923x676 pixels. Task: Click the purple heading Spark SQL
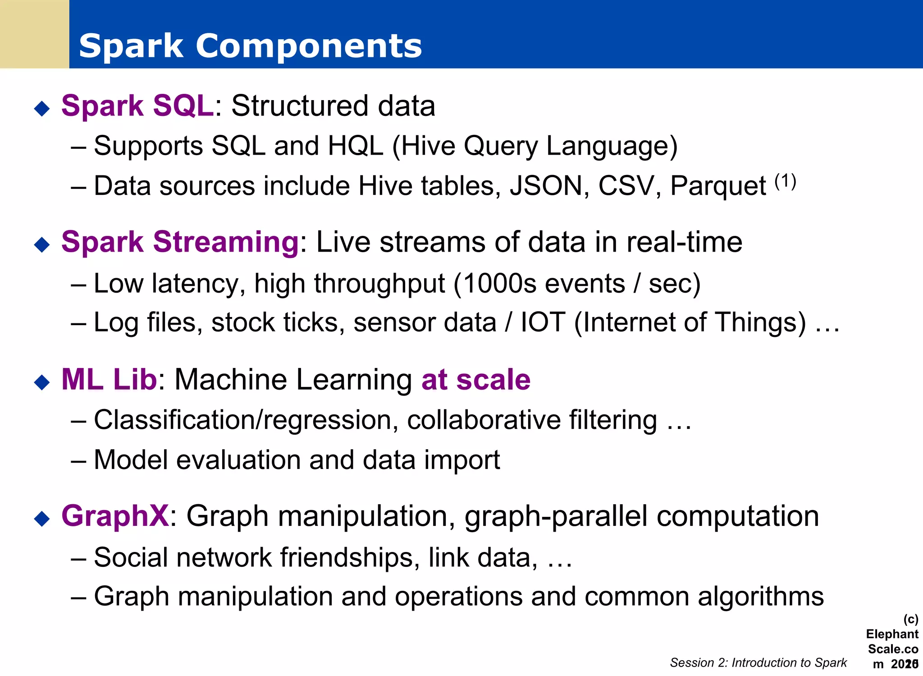point(137,106)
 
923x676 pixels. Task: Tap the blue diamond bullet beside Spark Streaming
point(42,244)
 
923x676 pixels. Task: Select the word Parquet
point(717,186)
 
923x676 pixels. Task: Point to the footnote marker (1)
point(786,181)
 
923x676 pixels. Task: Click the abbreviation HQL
point(355,146)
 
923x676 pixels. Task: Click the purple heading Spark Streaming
point(180,242)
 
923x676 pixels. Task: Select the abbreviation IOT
point(543,322)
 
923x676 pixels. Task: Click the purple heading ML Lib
point(109,379)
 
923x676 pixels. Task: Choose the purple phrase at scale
point(476,380)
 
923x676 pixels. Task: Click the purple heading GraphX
point(115,516)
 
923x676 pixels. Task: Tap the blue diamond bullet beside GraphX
point(42,519)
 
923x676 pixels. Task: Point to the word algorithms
point(761,597)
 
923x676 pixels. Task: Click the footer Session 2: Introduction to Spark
point(758,662)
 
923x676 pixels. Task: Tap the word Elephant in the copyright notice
point(891,634)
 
